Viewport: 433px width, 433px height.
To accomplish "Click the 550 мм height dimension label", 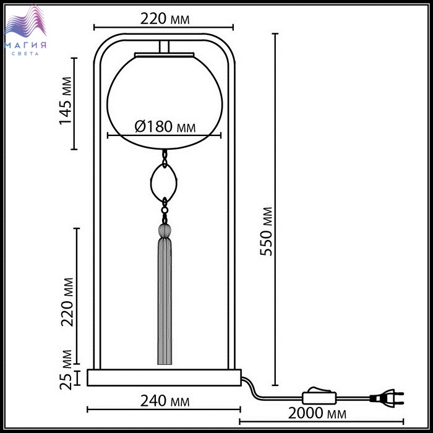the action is (266, 231).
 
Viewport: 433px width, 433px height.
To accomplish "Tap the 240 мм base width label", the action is (165, 401).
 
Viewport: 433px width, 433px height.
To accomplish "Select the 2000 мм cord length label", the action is (317, 413).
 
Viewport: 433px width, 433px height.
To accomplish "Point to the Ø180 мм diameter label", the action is (165, 127).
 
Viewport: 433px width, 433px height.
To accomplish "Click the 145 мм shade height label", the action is (66, 101).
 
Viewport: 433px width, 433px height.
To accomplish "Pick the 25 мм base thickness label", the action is (66, 370).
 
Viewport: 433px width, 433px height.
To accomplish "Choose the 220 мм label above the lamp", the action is (165, 19).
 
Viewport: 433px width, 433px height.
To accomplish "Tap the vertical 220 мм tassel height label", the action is (67, 302).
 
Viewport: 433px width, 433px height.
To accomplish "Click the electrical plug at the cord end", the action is (387, 398).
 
